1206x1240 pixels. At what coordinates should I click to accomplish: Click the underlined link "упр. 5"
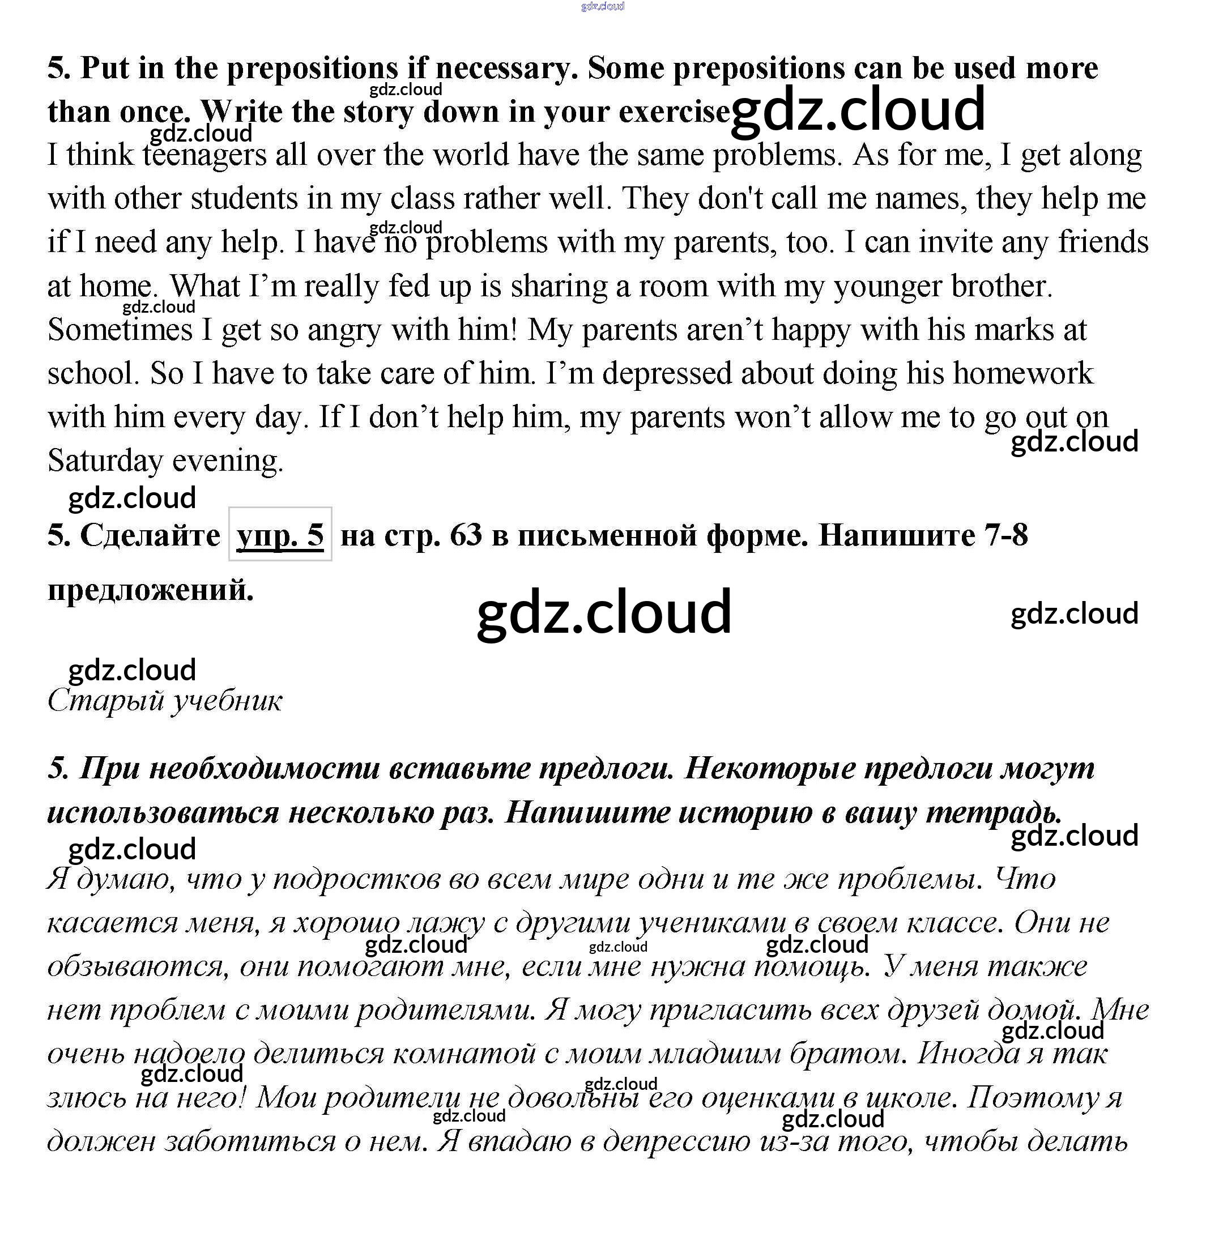[x=280, y=535]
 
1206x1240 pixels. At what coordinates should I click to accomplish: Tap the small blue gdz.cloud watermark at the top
[x=602, y=7]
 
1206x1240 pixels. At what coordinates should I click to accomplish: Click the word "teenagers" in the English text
[x=204, y=155]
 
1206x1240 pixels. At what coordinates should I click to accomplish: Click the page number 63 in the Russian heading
[x=466, y=535]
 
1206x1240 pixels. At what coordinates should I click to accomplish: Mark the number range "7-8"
[x=1006, y=535]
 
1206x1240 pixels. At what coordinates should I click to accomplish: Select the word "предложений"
[x=150, y=590]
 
